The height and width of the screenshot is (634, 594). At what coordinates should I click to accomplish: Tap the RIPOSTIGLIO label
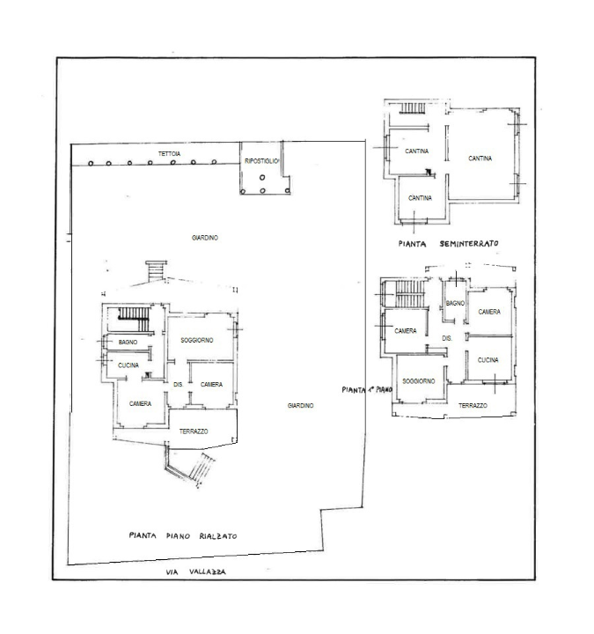[x=261, y=160]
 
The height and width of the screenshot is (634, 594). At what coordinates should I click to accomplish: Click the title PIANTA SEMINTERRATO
[x=448, y=241]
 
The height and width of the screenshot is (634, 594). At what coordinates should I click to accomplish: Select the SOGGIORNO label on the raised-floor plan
[x=198, y=340]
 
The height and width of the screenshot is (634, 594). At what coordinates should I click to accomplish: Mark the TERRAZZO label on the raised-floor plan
[x=193, y=431]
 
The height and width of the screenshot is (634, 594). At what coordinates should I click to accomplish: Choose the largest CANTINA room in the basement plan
[x=480, y=158]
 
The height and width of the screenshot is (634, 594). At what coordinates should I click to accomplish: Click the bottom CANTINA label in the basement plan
[x=419, y=198]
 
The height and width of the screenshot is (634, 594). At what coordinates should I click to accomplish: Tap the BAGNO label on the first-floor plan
[x=455, y=303]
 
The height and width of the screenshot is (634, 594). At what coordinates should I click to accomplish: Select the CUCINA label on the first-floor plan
[x=489, y=360]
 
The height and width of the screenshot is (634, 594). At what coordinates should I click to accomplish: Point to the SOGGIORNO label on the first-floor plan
[x=416, y=380]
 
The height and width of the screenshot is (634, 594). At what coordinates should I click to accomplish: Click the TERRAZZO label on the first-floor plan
[x=473, y=404]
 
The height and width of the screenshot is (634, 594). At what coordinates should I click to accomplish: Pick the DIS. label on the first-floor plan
[x=446, y=338]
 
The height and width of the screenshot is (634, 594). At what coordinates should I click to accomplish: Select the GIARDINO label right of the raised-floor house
[x=301, y=405]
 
